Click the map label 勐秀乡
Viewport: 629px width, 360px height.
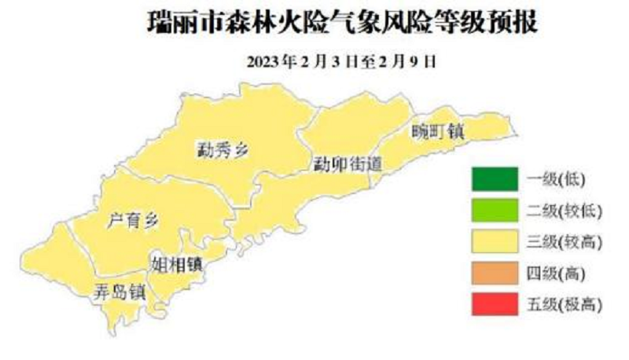click(223, 149)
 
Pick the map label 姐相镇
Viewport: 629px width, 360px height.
click(176, 263)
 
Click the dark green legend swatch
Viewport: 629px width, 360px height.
click(495, 179)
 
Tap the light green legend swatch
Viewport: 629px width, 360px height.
click(495, 211)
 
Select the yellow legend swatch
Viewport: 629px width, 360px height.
click(495, 241)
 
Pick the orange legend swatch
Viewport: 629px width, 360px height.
click(495, 273)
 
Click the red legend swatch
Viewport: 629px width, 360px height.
click(495, 304)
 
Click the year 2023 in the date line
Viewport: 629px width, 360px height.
click(264, 62)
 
